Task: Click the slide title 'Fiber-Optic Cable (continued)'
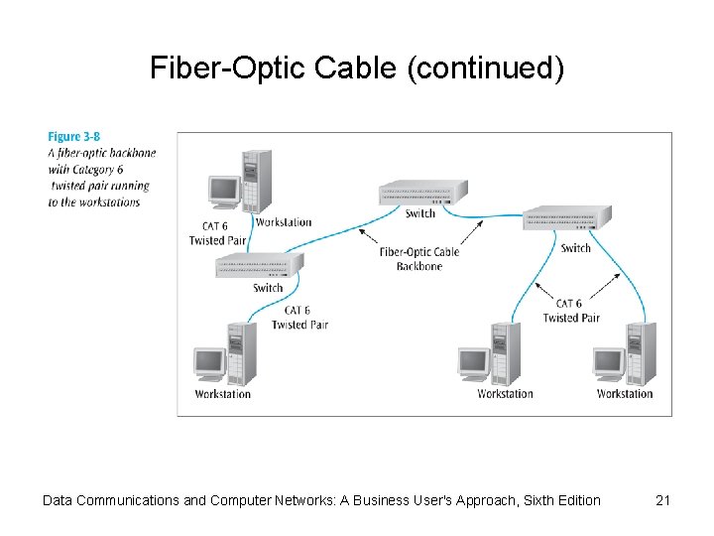coord(357,67)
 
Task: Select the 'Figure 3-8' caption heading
coord(74,137)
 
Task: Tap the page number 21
coord(663,500)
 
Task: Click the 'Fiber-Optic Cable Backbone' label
coord(419,259)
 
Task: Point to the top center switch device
coord(422,193)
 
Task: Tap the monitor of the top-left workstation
coord(223,191)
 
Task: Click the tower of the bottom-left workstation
coord(242,353)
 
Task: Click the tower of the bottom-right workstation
coord(640,353)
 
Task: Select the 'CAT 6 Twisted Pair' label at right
coord(571,311)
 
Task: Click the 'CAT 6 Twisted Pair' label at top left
coord(216,233)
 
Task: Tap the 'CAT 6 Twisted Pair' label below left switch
coord(299,318)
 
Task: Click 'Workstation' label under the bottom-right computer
coord(625,394)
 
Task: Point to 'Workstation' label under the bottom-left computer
coord(223,394)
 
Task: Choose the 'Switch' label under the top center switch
coord(420,213)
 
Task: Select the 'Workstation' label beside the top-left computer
coord(284,222)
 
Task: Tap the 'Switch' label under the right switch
coord(575,248)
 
